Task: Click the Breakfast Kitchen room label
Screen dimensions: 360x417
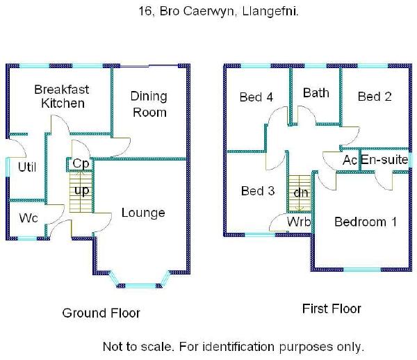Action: point(59,97)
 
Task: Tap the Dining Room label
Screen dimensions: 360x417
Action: point(149,105)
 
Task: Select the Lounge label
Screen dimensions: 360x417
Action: point(143,213)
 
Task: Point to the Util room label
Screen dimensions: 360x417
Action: point(27,167)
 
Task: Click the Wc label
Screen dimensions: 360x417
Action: point(28,218)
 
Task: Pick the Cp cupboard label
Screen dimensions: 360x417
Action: point(81,164)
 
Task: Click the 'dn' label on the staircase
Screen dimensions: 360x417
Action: point(301,192)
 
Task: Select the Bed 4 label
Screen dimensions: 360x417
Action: point(256,97)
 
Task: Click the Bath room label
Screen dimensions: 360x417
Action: point(316,92)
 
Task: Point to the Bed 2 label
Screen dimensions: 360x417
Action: point(375,97)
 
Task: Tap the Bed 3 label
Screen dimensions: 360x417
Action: point(258,191)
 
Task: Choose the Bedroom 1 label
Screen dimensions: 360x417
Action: point(366,222)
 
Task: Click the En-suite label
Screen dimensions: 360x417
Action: point(384,160)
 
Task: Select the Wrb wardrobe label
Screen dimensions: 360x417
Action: point(299,222)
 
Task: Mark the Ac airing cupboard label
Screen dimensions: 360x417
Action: point(350,160)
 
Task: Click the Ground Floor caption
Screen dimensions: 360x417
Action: point(101,313)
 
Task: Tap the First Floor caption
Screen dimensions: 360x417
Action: point(332,309)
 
